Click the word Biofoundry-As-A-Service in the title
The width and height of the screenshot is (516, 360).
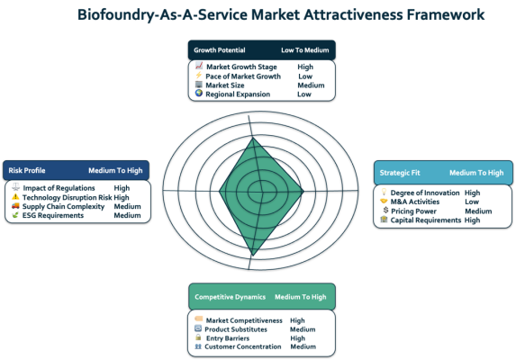(163, 15)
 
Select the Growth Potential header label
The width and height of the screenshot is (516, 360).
(220, 50)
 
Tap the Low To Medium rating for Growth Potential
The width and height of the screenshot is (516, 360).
(305, 50)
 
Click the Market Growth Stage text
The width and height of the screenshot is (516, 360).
(241, 67)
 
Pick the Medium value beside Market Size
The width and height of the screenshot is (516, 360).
(311, 85)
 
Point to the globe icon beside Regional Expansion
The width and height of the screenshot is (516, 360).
(199, 93)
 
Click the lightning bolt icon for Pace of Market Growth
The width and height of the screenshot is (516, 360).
(198, 76)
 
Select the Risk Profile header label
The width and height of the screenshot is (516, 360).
(27, 170)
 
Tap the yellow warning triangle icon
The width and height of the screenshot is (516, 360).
(15, 196)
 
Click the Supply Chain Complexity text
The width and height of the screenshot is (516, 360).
(64, 206)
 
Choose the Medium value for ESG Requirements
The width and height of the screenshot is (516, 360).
(127, 215)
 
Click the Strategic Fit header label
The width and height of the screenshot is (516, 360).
(400, 173)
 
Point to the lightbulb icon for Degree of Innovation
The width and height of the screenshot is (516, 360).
(384, 192)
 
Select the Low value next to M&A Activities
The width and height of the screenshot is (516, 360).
(472, 202)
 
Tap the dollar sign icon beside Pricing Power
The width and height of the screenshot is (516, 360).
(385, 210)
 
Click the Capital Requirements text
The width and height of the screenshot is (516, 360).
(426, 220)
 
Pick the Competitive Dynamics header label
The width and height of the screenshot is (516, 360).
(230, 297)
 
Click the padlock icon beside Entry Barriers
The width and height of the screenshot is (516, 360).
(198, 337)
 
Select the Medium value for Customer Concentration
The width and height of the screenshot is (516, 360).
(303, 346)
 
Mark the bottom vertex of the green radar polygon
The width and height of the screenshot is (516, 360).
(253, 255)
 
